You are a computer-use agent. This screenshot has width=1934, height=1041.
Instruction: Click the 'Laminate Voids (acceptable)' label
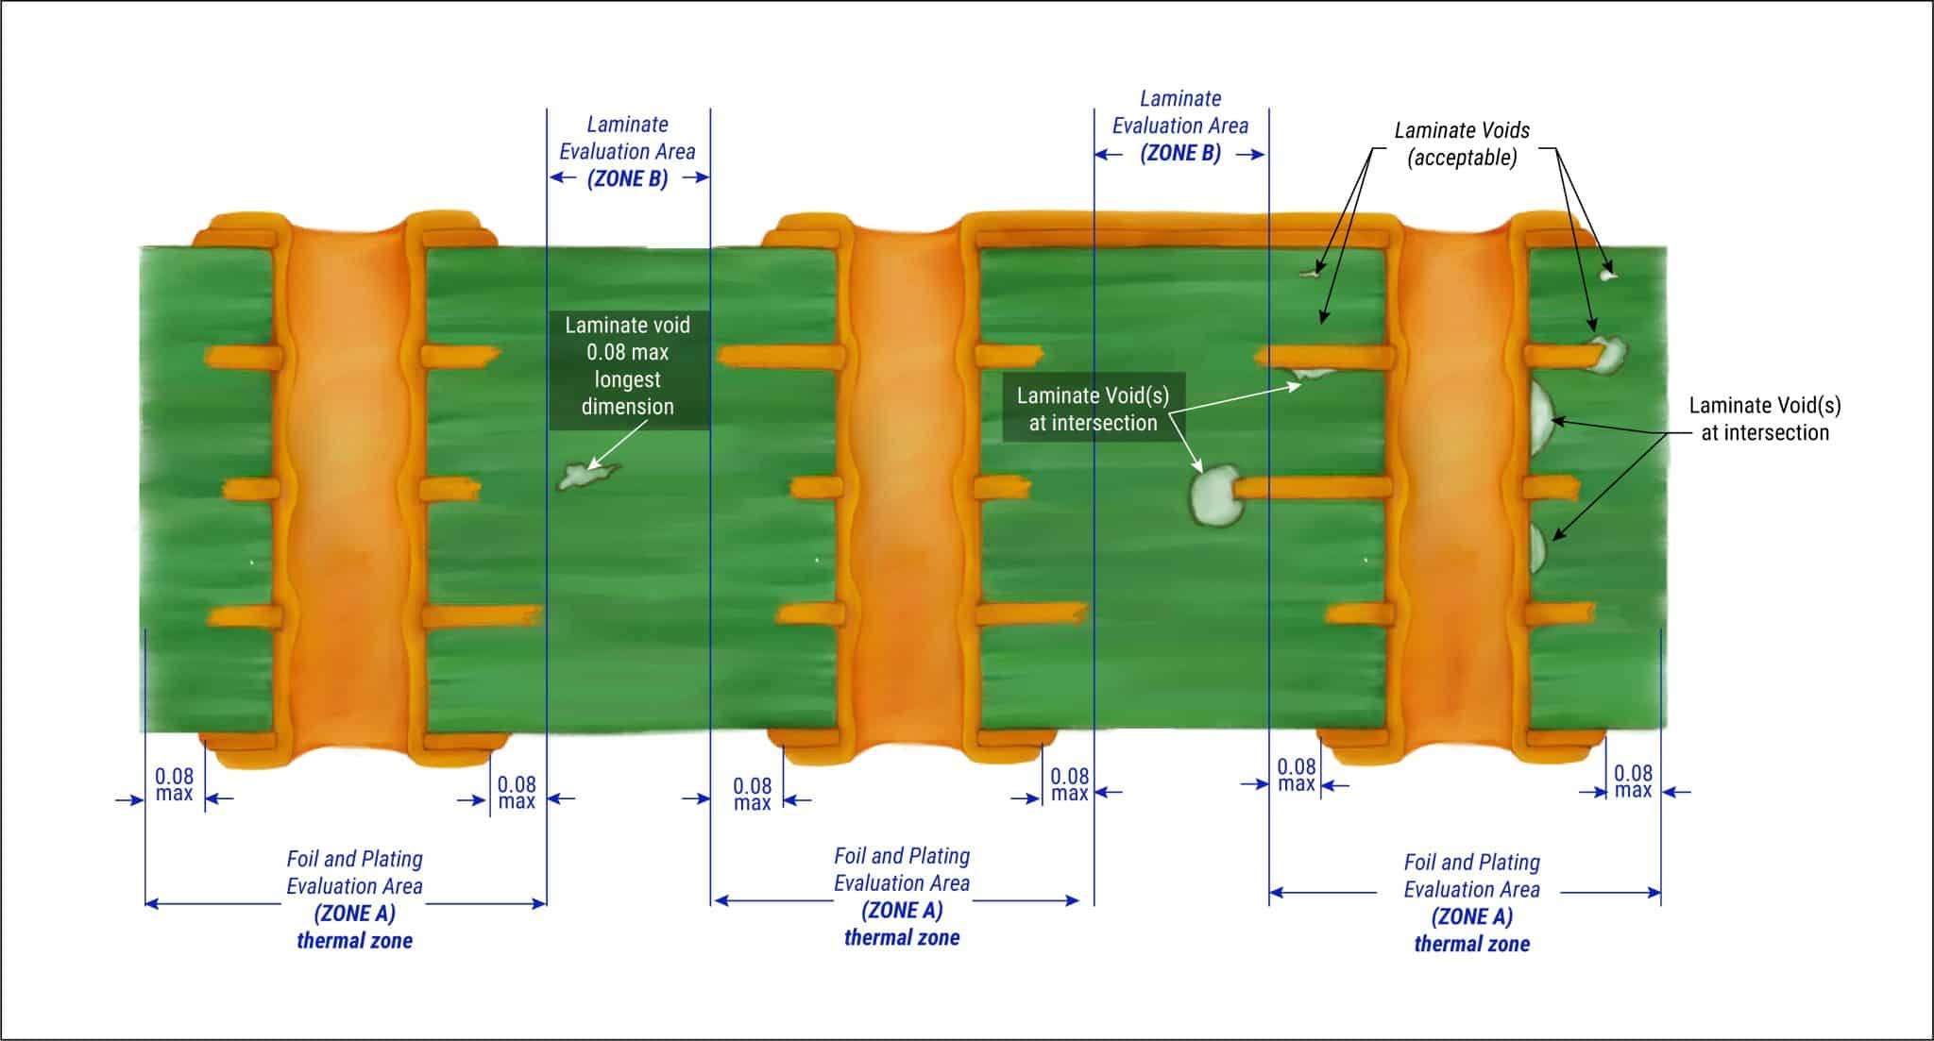(1462, 144)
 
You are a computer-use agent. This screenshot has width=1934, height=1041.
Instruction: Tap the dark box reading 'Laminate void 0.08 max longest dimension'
(628, 366)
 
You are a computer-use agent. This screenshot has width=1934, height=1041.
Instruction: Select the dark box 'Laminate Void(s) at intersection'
(1093, 410)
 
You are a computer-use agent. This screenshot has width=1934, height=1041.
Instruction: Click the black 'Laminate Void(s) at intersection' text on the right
(1764, 419)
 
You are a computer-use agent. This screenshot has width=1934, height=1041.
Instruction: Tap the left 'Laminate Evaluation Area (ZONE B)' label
(627, 151)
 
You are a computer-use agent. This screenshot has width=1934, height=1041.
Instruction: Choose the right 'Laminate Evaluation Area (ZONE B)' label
(1179, 126)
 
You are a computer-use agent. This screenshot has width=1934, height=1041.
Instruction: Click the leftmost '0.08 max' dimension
(174, 784)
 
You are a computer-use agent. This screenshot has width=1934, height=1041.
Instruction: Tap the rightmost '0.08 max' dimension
(1633, 781)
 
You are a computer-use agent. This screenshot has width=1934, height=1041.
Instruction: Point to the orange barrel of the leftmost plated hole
(344, 472)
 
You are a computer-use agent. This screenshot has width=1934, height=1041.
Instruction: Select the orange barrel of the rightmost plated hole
(1459, 472)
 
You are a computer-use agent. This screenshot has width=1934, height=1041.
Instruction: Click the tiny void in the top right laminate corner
(1608, 275)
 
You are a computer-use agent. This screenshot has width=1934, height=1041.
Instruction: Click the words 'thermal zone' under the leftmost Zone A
(354, 941)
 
